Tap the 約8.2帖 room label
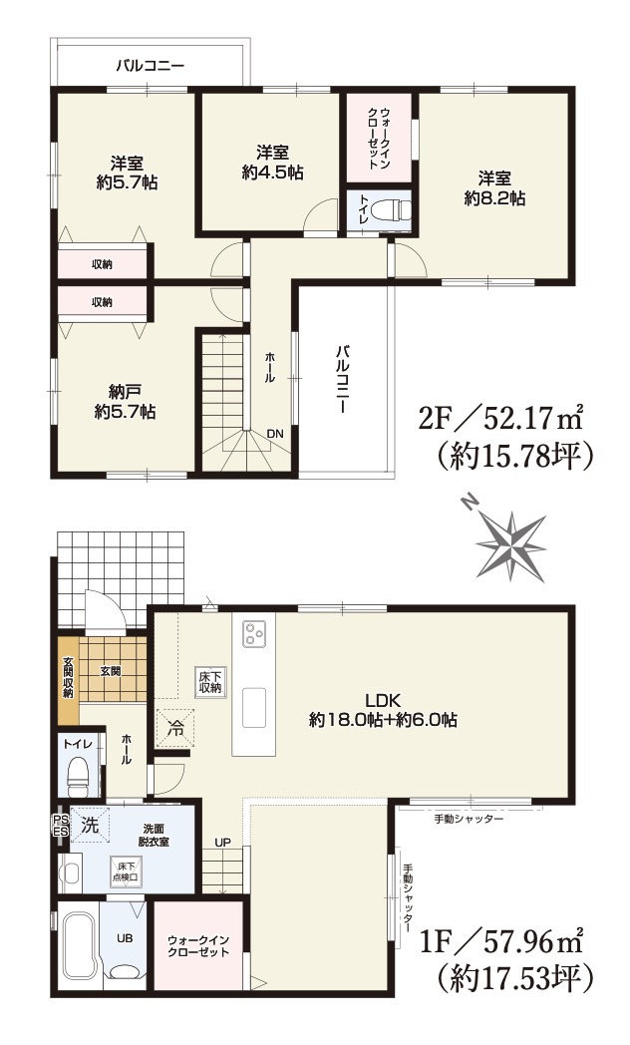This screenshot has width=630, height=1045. tap(494, 188)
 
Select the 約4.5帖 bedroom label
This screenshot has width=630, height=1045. tap(273, 163)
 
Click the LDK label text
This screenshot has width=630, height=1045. tap(382, 700)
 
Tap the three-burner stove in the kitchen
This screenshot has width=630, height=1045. tap(254, 632)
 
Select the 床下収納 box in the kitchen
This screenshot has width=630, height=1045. tap(208, 682)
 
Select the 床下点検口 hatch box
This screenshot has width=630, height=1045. tap(125, 871)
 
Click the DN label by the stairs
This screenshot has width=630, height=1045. tap(275, 434)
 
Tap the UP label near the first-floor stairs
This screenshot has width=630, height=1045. tap(222, 843)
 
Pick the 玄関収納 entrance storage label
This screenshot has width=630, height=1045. tap(68, 678)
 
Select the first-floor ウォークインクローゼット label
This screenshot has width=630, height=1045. tap(198, 945)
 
